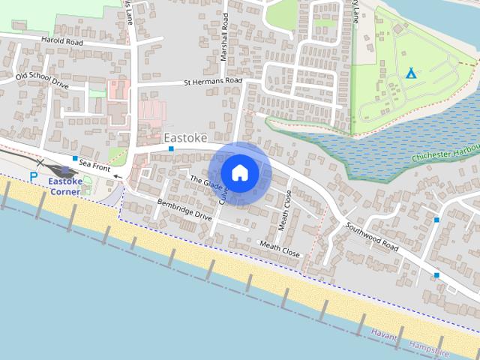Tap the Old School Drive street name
(42, 81)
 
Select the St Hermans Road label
(213, 81)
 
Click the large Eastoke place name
(184, 138)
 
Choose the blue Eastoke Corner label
(70, 186)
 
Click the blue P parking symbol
(33, 176)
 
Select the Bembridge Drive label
(184, 209)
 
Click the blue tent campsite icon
(410, 73)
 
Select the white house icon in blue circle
(239, 173)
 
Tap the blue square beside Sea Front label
(75, 159)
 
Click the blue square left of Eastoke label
(171, 148)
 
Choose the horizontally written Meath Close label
(279, 249)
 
